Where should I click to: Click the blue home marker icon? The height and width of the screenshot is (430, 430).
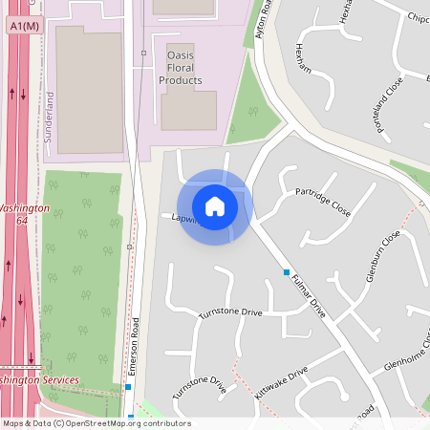coord(215,206)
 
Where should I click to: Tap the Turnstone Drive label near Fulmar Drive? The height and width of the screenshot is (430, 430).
coord(229,312)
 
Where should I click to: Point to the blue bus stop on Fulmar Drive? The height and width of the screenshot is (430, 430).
coord(286,272)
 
